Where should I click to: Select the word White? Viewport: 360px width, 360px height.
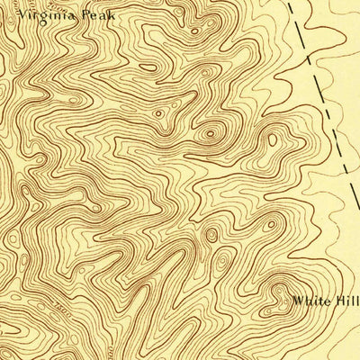click(x=310, y=302)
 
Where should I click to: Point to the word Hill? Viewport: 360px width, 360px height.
click(x=346, y=302)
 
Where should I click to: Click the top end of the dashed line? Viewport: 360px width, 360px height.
click(x=291, y=3)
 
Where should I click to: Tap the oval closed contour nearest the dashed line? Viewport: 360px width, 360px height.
click(x=272, y=139)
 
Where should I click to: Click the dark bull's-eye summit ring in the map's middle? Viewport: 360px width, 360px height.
click(x=211, y=135)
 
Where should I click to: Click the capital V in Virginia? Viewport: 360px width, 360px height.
click(x=21, y=14)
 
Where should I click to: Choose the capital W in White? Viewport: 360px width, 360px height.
click(x=297, y=302)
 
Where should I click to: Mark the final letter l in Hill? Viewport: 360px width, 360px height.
click(x=356, y=302)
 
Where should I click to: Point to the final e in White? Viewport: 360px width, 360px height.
click(x=325, y=303)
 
